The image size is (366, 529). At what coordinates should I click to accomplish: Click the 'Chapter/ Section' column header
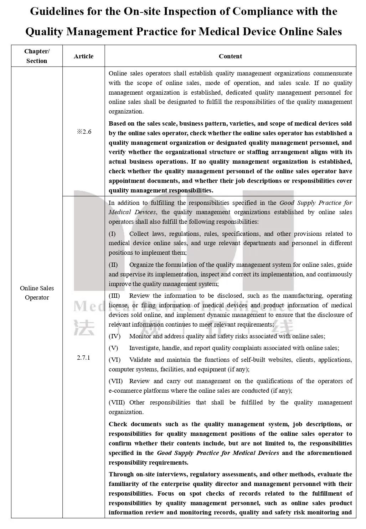pyautogui.click(x=37, y=56)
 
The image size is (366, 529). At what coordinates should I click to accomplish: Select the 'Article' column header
pyautogui.click(x=83, y=56)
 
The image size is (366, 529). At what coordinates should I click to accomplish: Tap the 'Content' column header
pyautogui.click(x=230, y=56)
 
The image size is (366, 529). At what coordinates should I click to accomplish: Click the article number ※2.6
pyautogui.click(x=84, y=132)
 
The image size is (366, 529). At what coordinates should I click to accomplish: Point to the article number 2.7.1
pyautogui.click(x=83, y=358)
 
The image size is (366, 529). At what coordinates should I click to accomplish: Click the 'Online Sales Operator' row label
pyautogui.click(x=37, y=293)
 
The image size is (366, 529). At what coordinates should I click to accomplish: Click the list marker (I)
pyautogui.click(x=112, y=234)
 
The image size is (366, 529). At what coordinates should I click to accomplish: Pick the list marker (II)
pyautogui.click(x=113, y=265)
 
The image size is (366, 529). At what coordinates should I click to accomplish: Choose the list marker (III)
pyautogui.click(x=114, y=296)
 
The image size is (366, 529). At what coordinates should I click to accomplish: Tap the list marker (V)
pyautogui.click(x=113, y=348)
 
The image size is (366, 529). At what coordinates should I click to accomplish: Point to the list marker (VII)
pyautogui.click(x=116, y=381)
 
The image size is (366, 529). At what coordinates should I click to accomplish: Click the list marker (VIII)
pyautogui.click(x=117, y=402)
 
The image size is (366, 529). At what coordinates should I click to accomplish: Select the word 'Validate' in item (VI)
pyautogui.click(x=140, y=360)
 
